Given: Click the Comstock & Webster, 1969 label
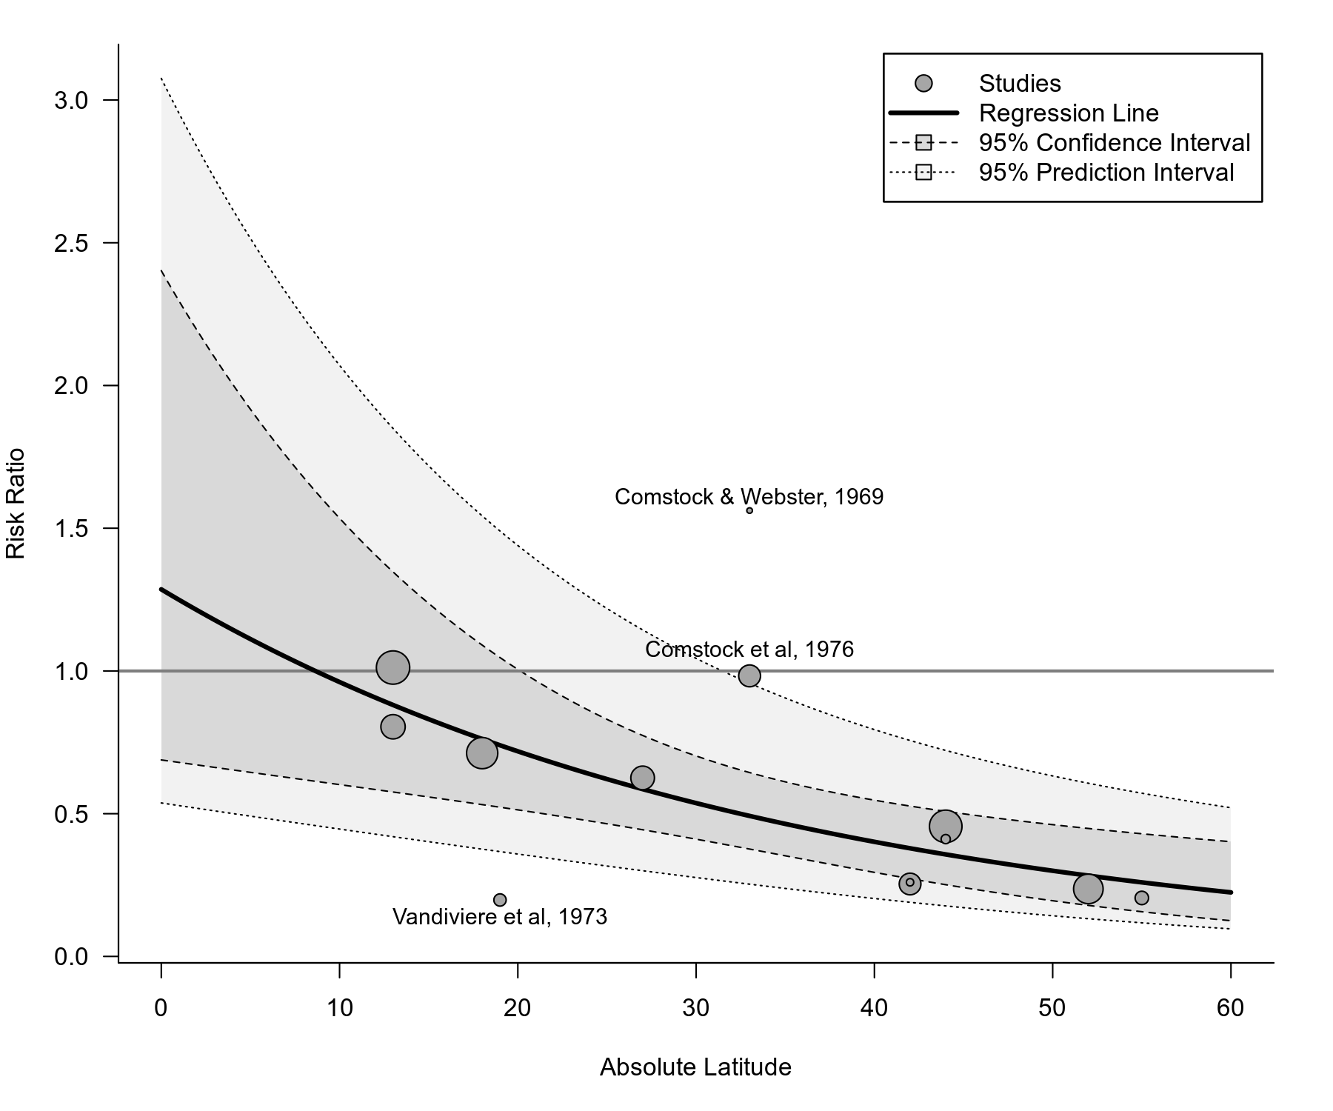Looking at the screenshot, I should point(749,497).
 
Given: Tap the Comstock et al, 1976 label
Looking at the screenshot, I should point(749,650).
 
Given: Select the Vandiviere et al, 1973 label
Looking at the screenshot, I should point(500,917).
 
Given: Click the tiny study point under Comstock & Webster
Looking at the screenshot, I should point(749,510).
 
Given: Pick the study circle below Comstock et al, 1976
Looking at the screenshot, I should point(749,675).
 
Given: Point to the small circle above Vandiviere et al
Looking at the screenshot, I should point(500,900).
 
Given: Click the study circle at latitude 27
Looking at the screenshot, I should point(642,778).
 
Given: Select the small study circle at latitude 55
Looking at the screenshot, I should point(1141,898).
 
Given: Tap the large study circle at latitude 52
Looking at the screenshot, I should point(1088,889).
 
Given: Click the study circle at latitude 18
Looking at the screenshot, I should point(482,753).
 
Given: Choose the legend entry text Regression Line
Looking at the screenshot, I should point(1068,113).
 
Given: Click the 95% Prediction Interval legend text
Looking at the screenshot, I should point(1106,173).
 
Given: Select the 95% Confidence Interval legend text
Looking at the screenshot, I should point(1114,143).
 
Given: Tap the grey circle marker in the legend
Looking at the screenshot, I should point(923,84).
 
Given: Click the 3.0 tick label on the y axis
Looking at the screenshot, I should point(71,100).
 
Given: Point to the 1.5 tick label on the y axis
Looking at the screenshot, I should point(71,528).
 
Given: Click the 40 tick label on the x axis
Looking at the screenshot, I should point(874,1009).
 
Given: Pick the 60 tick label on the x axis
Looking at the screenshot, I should point(1230,1009).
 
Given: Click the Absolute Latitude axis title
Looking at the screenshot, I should point(695,1067).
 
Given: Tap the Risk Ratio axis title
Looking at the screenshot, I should point(16,504).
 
